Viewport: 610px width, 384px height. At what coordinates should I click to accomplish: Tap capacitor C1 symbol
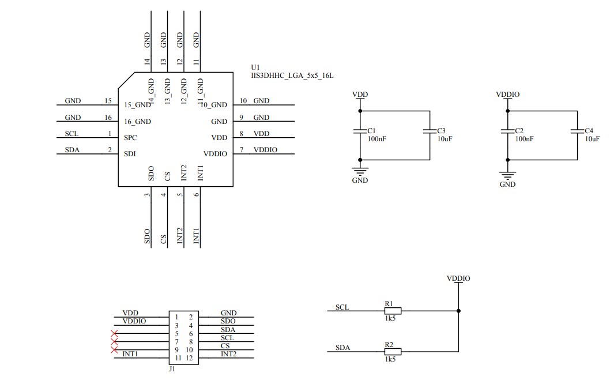[360, 132]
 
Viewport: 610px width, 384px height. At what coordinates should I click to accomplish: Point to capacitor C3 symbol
[430, 132]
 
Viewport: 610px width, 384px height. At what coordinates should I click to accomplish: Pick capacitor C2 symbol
[507, 132]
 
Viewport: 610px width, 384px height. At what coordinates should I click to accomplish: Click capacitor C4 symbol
[577, 132]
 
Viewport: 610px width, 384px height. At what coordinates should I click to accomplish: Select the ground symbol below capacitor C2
[507, 174]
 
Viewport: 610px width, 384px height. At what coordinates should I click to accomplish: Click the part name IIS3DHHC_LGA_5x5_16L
[292, 76]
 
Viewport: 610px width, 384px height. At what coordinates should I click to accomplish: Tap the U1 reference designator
[255, 67]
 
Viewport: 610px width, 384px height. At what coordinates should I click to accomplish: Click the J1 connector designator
[172, 369]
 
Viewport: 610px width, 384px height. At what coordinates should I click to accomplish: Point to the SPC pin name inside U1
[130, 138]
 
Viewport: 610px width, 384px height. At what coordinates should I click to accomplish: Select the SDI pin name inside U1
[130, 154]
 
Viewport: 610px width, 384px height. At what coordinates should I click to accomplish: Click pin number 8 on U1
[242, 134]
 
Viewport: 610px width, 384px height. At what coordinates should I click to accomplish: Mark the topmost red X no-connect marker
[114, 333]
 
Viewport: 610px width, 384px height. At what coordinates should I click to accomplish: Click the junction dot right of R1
[458, 311]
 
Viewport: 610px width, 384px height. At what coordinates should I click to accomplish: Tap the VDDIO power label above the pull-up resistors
[458, 278]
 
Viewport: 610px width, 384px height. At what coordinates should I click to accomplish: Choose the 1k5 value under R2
[390, 359]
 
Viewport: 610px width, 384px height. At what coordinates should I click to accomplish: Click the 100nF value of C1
[376, 139]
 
